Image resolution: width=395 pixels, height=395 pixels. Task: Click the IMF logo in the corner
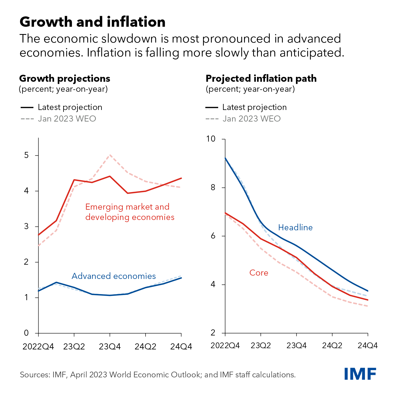click(360, 374)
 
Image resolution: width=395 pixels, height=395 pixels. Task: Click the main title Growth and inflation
click(92, 22)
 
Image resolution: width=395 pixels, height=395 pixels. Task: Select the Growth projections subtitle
click(65, 78)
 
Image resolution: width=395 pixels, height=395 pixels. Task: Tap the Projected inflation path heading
click(261, 78)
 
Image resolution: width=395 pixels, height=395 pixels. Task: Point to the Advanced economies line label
click(114, 276)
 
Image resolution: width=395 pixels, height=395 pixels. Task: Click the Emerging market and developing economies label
click(130, 212)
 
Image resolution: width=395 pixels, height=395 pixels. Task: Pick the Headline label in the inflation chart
click(295, 227)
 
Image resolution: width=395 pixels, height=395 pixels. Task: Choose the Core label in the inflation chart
click(259, 273)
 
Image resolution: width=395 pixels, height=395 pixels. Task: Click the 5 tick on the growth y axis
click(26, 155)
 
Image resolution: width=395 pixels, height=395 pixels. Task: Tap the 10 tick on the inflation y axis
click(211, 139)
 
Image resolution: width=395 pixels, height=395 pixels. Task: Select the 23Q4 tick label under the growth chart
click(110, 346)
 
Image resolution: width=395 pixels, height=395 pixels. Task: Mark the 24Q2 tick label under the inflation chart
click(332, 345)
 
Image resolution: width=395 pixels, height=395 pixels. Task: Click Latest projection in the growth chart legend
click(70, 107)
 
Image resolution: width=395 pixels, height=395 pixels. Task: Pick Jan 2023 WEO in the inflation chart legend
click(251, 118)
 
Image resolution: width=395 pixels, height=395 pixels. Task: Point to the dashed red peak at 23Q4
click(110, 155)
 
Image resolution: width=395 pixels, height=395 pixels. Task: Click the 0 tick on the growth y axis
click(26, 333)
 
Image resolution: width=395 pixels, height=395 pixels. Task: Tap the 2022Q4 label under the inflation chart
click(225, 345)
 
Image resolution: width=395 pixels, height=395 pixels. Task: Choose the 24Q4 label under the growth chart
click(181, 346)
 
